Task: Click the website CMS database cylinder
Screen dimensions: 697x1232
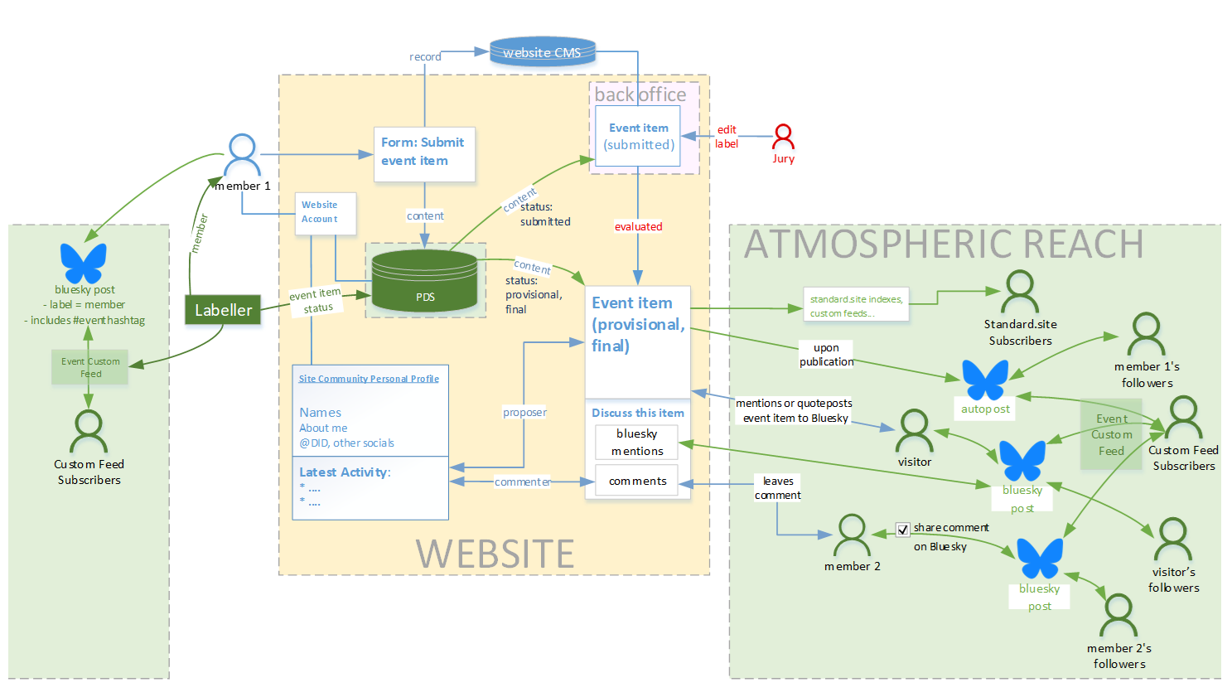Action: pyautogui.click(x=543, y=51)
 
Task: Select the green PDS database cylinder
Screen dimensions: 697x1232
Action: pyautogui.click(x=424, y=282)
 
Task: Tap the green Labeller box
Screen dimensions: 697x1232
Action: pyautogui.click(x=223, y=310)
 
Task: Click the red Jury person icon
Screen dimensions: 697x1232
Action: pyautogui.click(x=783, y=136)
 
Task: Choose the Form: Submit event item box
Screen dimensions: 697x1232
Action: pyautogui.click(x=424, y=153)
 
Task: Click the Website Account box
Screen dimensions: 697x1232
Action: pyautogui.click(x=326, y=213)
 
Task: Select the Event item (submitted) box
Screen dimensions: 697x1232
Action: pyautogui.click(x=638, y=136)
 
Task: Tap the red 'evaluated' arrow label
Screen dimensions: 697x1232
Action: pyautogui.click(x=638, y=226)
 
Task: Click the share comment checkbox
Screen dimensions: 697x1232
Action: pyautogui.click(x=903, y=529)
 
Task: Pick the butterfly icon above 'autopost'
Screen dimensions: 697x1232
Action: pyautogui.click(x=985, y=380)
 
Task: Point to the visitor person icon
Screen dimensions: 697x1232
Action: pyautogui.click(x=914, y=430)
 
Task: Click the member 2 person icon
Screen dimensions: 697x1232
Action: pyautogui.click(x=852, y=535)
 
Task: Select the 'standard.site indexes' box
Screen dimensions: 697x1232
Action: pyautogui.click(x=856, y=305)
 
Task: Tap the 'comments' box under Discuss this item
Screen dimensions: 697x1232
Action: pyautogui.click(x=637, y=481)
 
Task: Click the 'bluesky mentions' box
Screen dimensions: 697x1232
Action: pyautogui.click(x=637, y=443)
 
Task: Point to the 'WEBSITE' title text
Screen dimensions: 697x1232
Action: pyautogui.click(x=495, y=554)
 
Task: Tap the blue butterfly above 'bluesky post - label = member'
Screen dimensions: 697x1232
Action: pyautogui.click(x=84, y=263)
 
